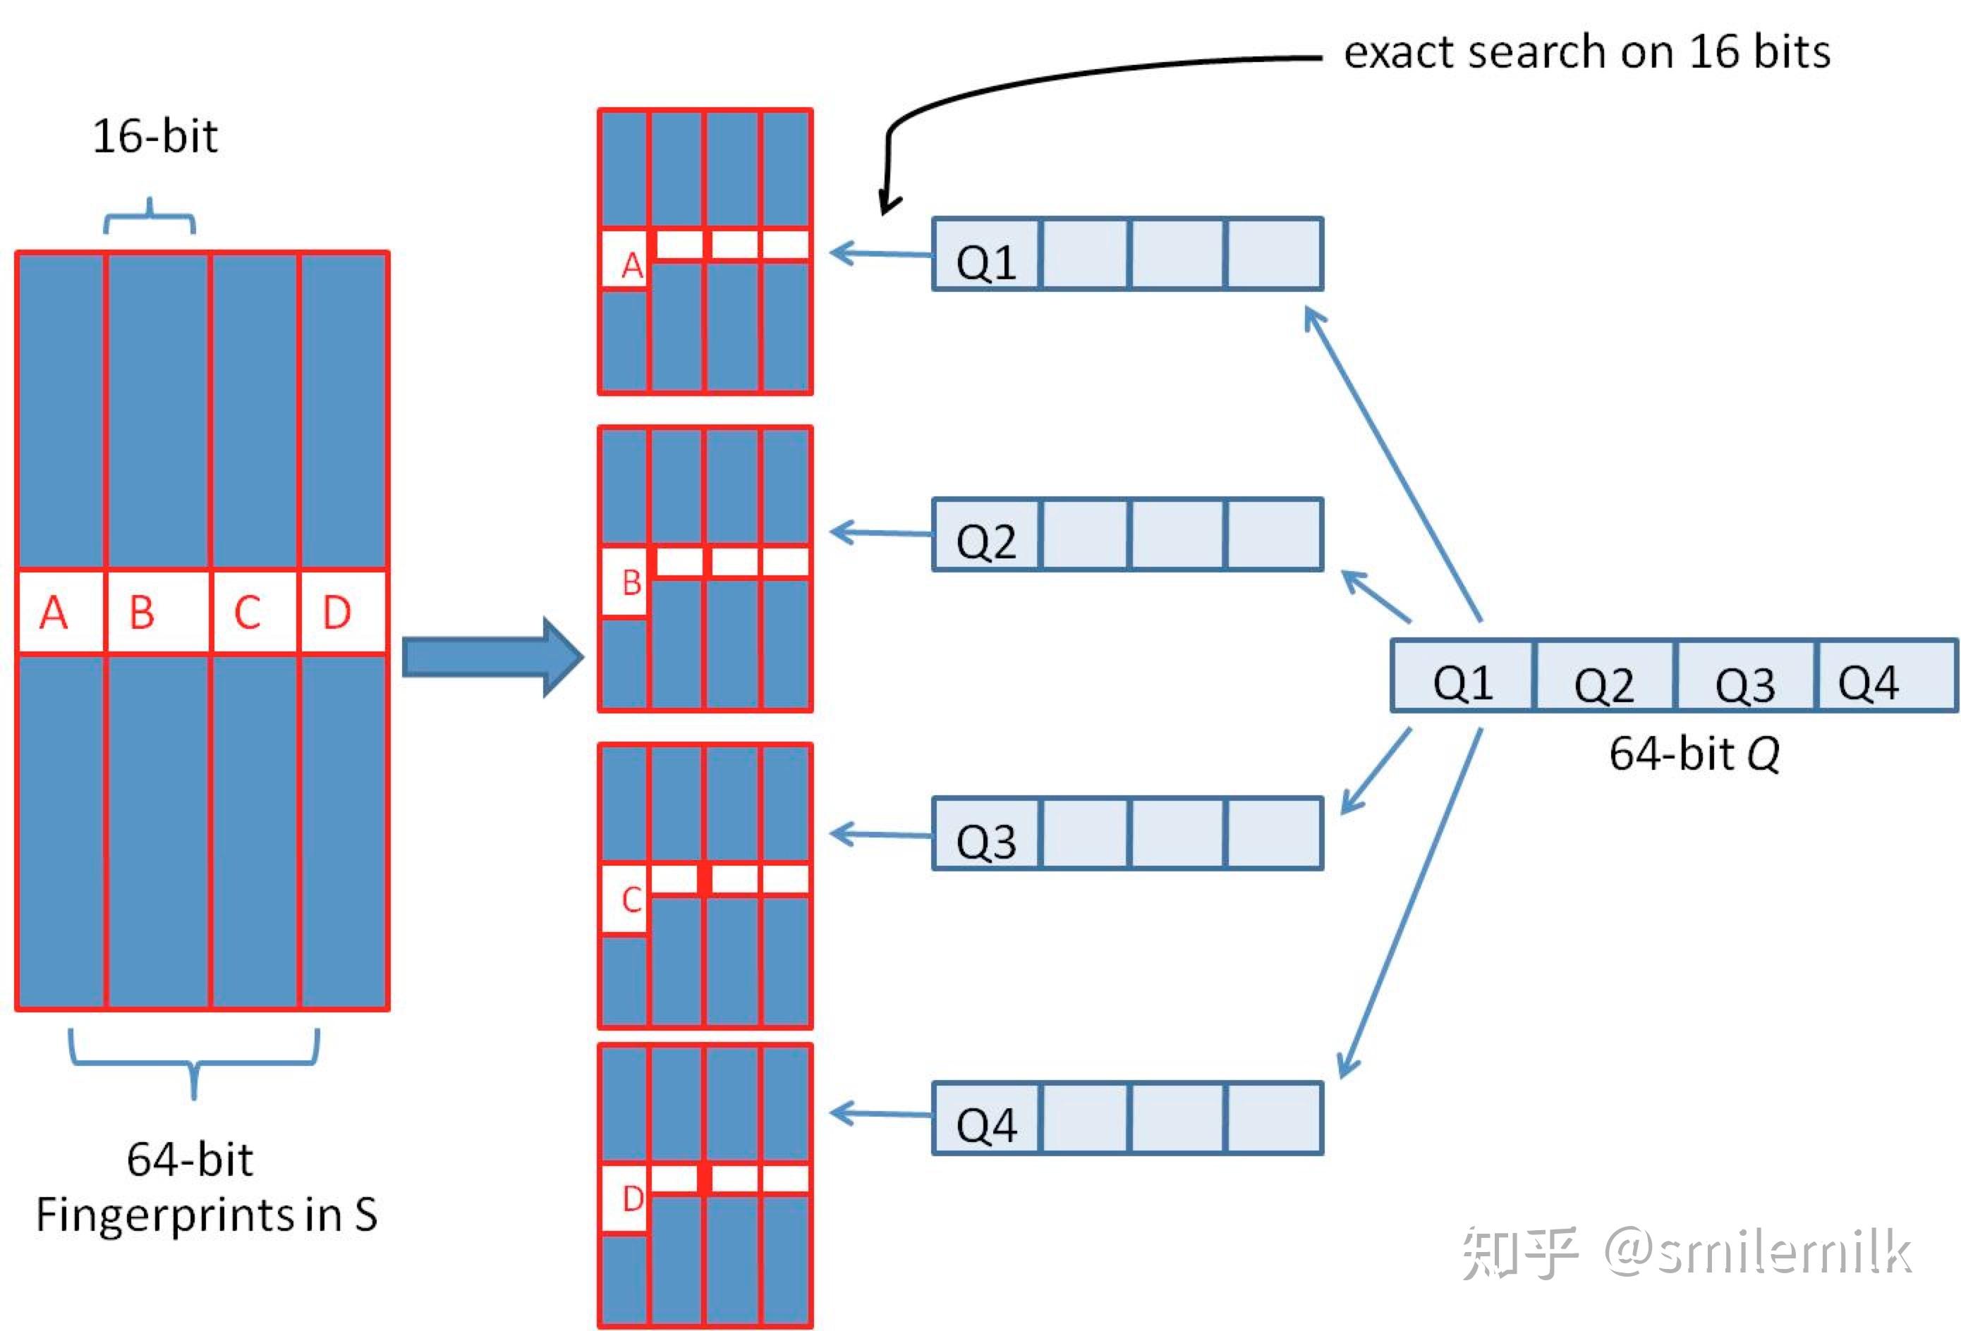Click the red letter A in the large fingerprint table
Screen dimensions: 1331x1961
tap(53, 613)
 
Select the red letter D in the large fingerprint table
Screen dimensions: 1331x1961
tap(336, 613)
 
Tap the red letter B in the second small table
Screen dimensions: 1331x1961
tap(631, 583)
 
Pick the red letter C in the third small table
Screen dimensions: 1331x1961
tap(631, 900)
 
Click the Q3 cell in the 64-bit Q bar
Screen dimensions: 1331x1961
tap(1744, 682)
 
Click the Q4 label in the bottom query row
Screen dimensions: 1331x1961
tap(985, 1124)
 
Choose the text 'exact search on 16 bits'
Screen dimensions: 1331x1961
tap(1586, 52)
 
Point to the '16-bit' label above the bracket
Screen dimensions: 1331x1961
tap(154, 137)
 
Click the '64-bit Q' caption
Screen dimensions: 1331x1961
tap(1694, 753)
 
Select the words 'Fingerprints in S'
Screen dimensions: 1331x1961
tap(207, 1215)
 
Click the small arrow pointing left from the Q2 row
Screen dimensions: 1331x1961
tap(878, 532)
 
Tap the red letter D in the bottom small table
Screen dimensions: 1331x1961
tap(632, 1198)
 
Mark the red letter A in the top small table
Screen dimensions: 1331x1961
tap(631, 266)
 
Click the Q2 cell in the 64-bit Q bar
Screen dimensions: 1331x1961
tap(1603, 682)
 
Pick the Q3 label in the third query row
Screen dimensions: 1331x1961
tap(985, 841)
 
